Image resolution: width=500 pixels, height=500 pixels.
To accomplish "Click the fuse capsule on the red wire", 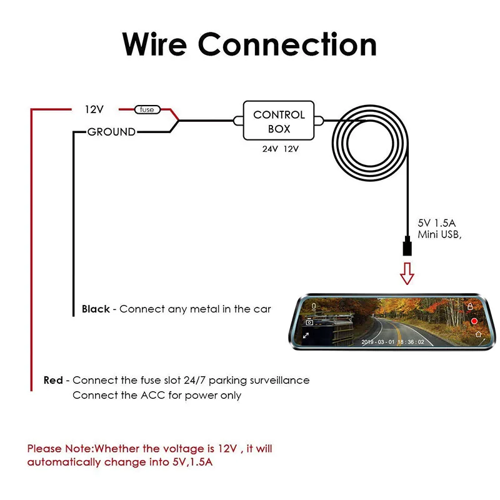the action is (x=147, y=110).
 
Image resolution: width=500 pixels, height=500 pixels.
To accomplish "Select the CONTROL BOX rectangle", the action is (x=279, y=121).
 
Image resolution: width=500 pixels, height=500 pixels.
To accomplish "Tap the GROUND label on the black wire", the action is (x=111, y=132).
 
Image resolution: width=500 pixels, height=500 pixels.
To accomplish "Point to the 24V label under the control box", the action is (x=270, y=149).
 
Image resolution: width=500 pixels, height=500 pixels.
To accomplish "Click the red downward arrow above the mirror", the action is (x=407, y=274).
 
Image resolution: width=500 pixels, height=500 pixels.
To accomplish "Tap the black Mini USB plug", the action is (x=407, y=246).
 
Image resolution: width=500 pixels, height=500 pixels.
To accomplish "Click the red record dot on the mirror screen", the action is (x=474, y=321).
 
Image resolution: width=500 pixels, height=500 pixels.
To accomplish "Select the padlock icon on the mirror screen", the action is (x=470, y=306).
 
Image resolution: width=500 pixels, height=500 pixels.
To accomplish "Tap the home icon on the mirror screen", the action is (x=478, y=334).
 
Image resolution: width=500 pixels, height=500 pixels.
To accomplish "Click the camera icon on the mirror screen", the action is (x=309, y=322).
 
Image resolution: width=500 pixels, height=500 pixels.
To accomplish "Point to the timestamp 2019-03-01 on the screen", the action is (x=378, y=342).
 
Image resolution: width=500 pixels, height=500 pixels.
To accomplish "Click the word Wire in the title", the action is (x=154, y=44).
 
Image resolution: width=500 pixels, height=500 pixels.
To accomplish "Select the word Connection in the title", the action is (x=287, y=44).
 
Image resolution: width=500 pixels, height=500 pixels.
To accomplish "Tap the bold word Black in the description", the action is (x=96, y=309).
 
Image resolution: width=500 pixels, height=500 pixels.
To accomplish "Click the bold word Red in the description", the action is (x=53, y=380).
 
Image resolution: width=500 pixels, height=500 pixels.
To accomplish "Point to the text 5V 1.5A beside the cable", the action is (x=436, y=223).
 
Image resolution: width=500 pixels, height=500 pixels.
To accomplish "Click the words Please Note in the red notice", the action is (x=59, y=449).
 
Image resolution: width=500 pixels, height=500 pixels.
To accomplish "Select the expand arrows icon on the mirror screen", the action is (x=306, y=336).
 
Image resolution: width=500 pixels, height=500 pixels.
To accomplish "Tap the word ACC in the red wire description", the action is (x=153, y=396).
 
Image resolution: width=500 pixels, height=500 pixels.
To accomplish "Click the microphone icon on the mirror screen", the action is (x=314, y=306).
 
